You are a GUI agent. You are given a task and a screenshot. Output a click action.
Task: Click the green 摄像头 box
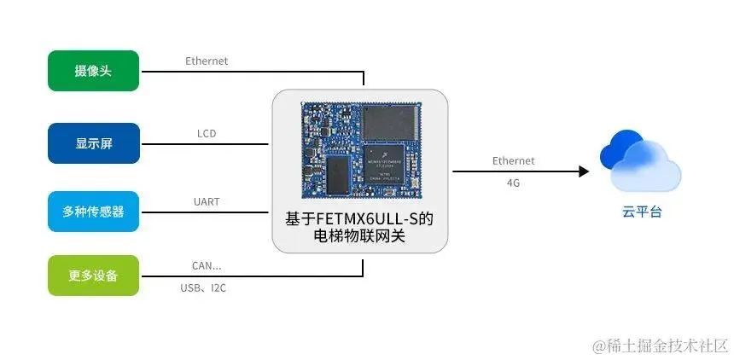pos(93,71)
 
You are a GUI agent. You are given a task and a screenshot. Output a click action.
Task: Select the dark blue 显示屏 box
pos(93,142)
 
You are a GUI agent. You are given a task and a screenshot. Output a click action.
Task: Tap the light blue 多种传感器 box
pos(93,212)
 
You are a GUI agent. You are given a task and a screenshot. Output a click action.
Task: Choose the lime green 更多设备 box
pos(93,276)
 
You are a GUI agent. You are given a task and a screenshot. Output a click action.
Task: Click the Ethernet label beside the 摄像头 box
pos(207,61)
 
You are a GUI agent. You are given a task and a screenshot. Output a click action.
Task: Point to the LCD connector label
pos(207,134)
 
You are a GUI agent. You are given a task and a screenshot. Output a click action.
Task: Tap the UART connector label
pos(207,202)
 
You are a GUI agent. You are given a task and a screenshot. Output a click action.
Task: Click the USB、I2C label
pos(203,289)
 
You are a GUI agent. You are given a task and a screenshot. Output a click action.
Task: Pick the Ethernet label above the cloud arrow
pos(513,160)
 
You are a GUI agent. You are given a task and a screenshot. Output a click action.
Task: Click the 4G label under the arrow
pos(513,183)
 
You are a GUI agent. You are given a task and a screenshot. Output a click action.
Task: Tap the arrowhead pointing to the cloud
pos(584,171)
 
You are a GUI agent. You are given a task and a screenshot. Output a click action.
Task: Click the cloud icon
pos(640,162)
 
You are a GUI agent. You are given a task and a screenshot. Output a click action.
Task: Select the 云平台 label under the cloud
pos(641,212)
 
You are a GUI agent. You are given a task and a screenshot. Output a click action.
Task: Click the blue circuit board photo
pos(359,147)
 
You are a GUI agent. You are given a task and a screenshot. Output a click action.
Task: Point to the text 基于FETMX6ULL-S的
pos(359,219)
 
